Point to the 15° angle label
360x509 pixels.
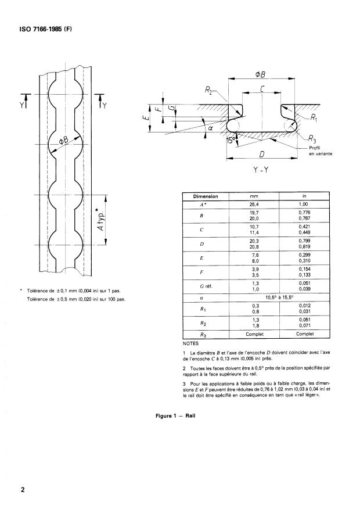(231, 141)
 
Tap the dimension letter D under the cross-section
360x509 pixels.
(260, 154)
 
